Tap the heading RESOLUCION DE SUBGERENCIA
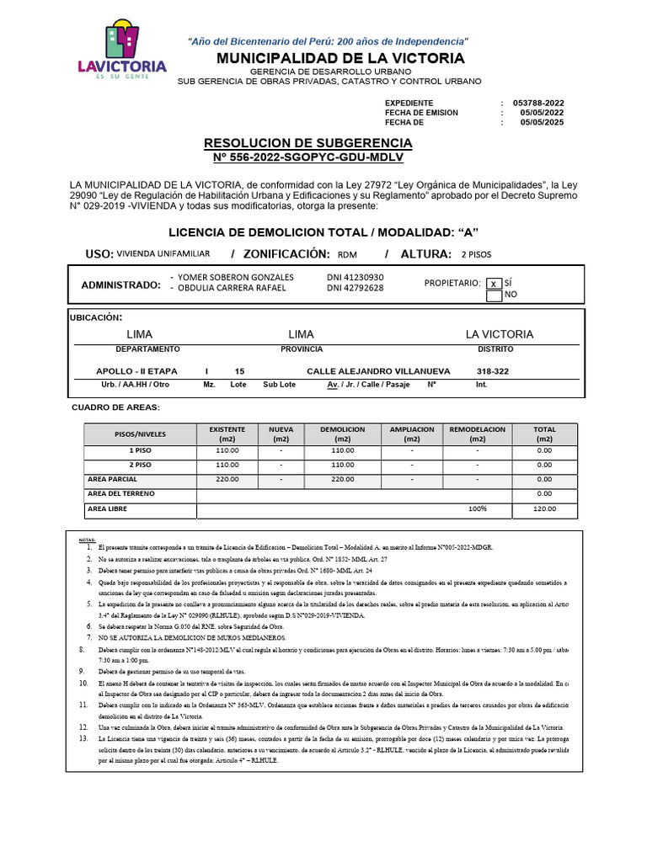308,143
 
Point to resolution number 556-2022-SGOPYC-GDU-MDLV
308,157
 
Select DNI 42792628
355,288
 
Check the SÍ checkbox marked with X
494,284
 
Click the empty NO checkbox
494,295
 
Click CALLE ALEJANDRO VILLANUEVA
378,371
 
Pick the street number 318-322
493,371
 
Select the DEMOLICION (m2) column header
342,434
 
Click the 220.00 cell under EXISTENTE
227,479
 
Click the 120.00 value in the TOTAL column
544,509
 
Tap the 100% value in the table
478,509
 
